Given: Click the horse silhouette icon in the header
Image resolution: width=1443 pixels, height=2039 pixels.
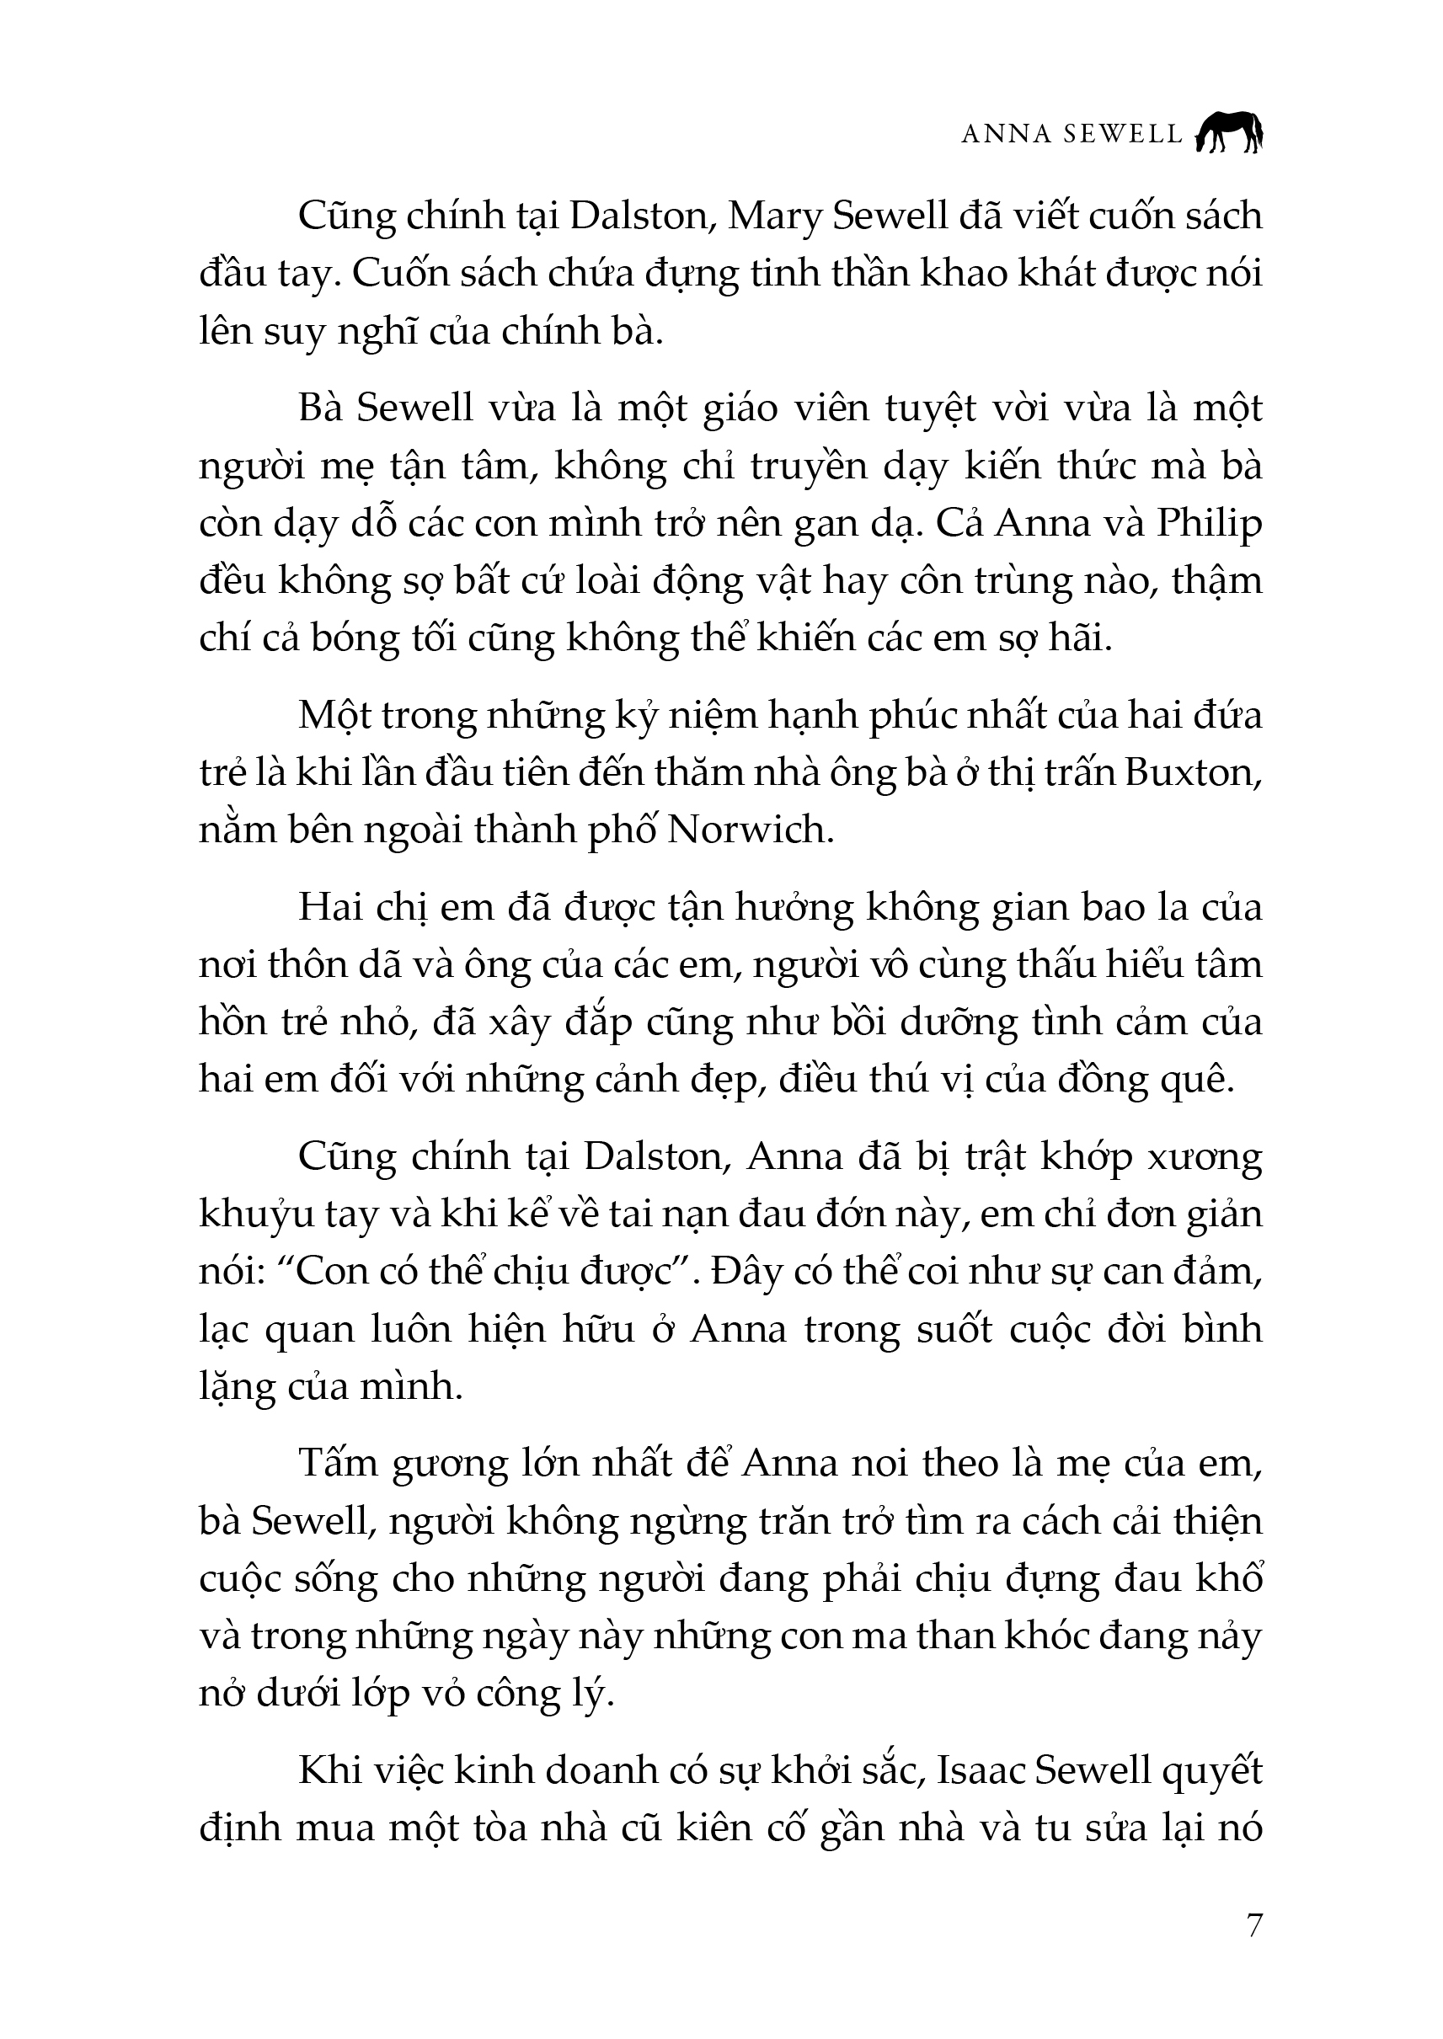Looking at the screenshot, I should pos(1229,133).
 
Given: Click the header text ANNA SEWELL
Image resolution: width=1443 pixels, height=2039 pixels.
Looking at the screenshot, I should pos(1072,134).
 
